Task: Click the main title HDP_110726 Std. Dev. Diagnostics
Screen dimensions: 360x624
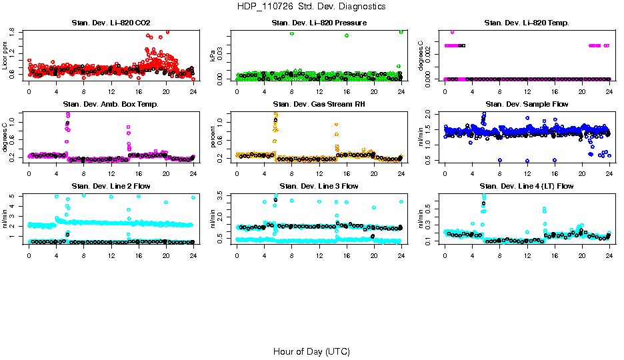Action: tap(311, 6)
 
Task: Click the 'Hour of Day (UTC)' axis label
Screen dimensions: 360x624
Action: tap(311, 351)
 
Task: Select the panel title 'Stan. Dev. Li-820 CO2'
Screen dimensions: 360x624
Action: tap(111, 23)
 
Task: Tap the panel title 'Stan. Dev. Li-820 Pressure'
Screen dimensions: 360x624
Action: tap(319, 23)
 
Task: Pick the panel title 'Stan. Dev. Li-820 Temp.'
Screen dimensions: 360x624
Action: tap(527, 23)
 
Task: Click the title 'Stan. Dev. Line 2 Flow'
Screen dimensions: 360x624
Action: tap(111, 186)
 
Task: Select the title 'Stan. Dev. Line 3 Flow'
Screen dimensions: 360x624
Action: tap(319, 186)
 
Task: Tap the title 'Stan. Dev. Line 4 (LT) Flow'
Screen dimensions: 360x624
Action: tap(527, 186)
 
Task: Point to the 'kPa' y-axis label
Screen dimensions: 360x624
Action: tap(213, 57)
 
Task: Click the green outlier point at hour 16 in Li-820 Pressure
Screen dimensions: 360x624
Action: tap(347, 35)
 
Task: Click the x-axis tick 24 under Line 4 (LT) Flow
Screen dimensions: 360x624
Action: tap(609, 255)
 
